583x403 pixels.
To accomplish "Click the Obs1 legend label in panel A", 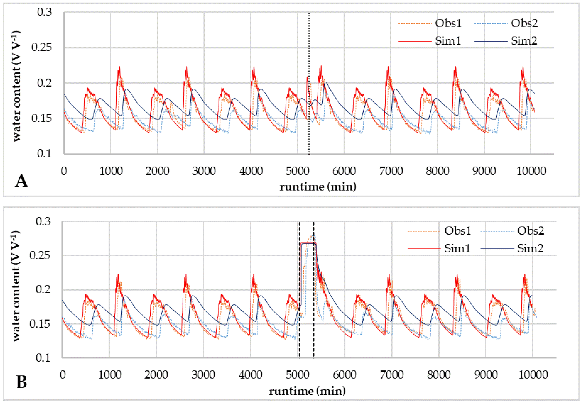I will point(448,23).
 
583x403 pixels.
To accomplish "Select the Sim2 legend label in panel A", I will point(524,41).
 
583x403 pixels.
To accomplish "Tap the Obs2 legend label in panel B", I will point(531,231).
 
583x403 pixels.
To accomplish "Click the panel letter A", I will point(21,181).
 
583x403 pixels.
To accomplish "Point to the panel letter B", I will point(22,382).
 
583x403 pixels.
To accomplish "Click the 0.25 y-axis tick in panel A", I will point(42,47).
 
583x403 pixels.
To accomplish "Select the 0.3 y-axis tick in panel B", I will point(43,221).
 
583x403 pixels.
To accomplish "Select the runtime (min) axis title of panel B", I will point(307,391).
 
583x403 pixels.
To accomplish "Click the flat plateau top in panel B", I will point(308,243).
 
